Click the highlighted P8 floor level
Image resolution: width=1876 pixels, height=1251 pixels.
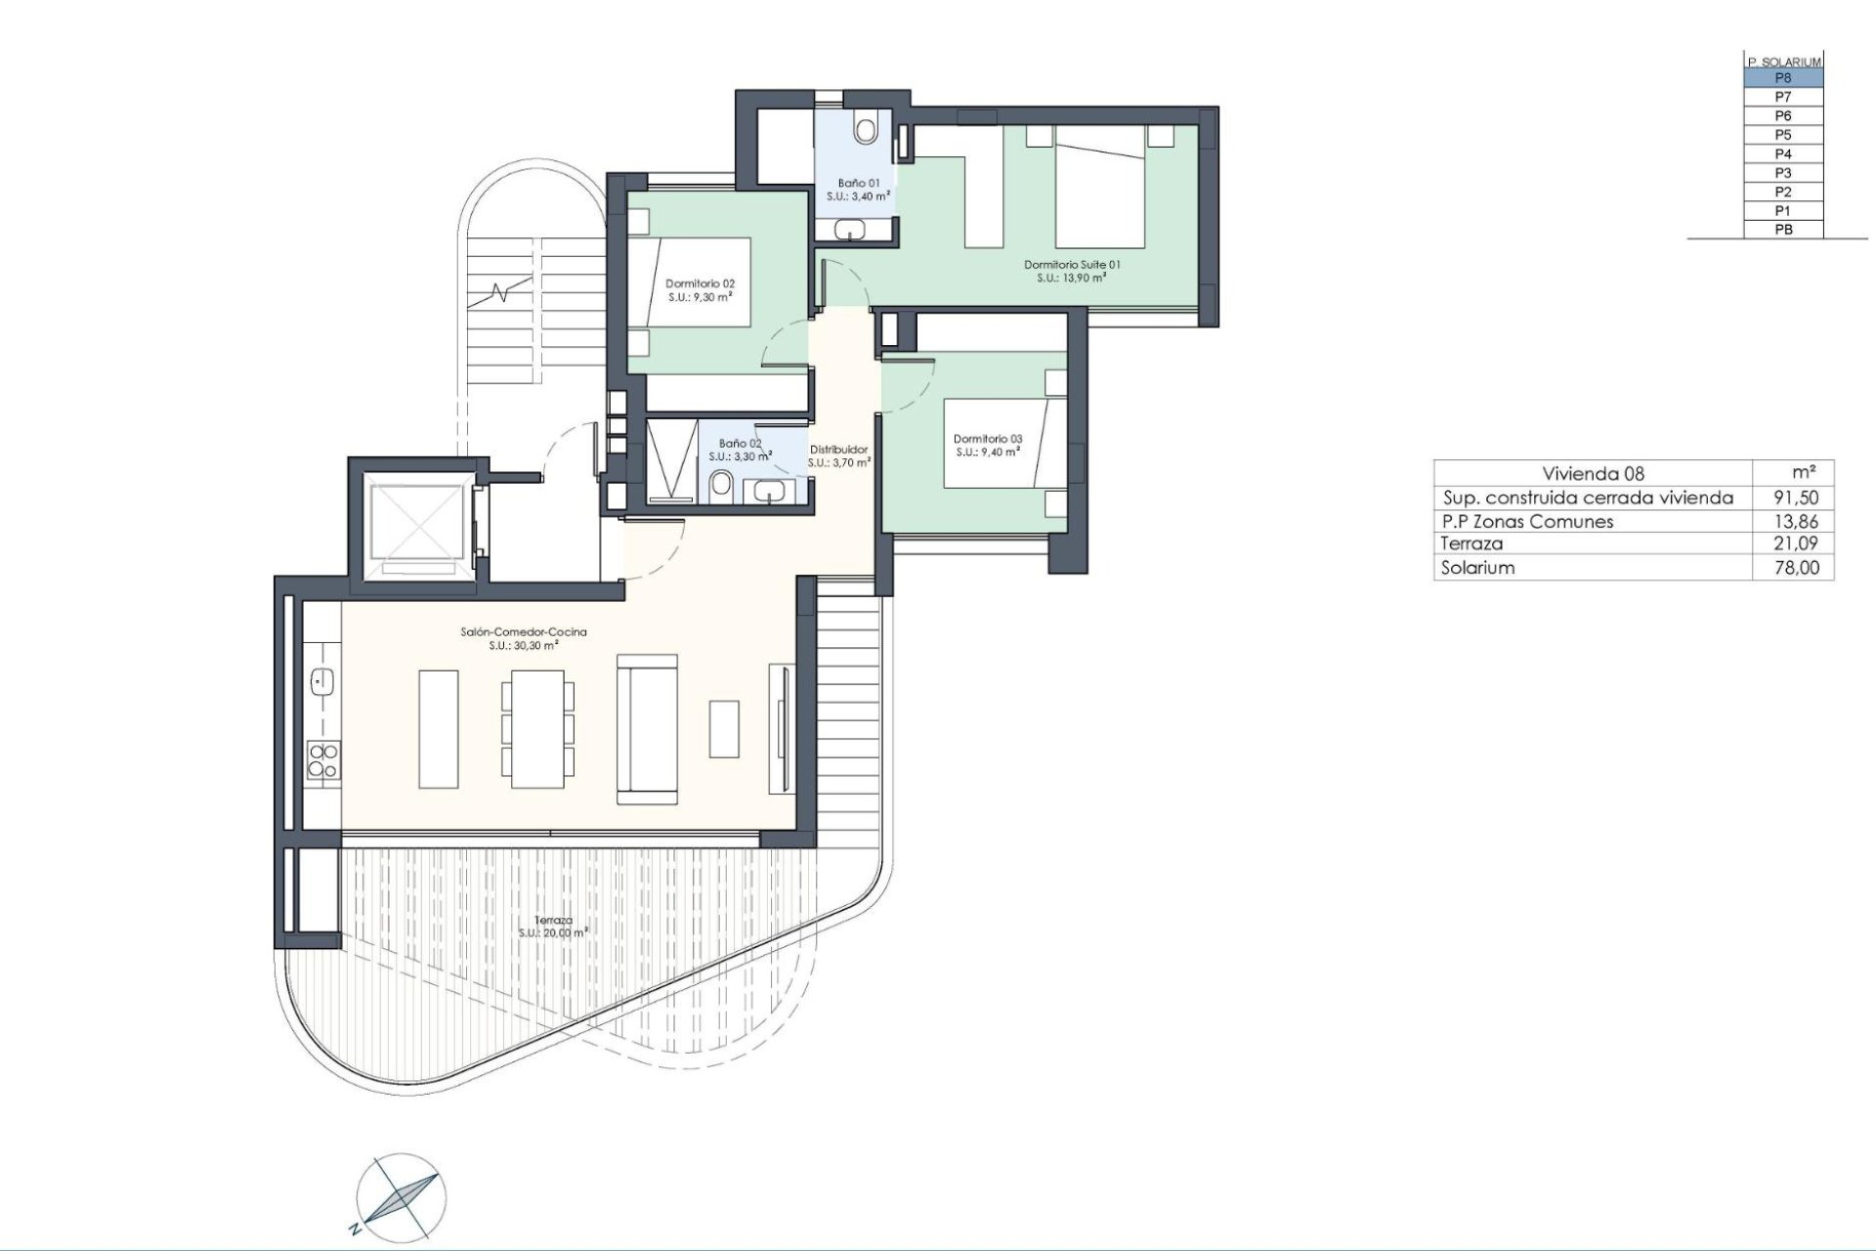pyautogui.click(x=1783, y=78)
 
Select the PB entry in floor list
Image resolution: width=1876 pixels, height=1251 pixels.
pyautogui.click(x=1783, y=230)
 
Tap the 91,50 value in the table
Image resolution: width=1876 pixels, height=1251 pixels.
pyautogui.click(x=1796, y=497)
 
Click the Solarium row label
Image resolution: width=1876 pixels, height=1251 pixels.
pyautogui.click(x=1477, y=568)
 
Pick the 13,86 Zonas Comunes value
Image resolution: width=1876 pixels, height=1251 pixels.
pyautogui.click(x=1796, y=521)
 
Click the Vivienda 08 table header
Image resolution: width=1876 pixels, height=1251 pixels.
pyautogui.click(x=1593, y=474)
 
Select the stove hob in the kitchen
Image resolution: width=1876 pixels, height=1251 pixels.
pyautogui.click(x=323, y=759)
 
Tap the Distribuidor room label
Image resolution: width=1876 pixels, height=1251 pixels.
pyautogui.click(x=838, y=455)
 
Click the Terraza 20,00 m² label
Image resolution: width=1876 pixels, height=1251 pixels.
pyautogui.click(x=553, y=927)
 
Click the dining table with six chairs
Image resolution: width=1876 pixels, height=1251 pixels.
pyautogui.click(x=537, y=728)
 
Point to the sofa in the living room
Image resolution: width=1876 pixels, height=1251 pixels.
pyautogui.click(x=647, y=729)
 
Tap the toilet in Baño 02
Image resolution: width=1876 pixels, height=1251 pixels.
pyautogui.click(x=722, y=484)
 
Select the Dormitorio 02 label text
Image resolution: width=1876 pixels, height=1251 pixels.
pyautogui.click(x=700, y=289)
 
